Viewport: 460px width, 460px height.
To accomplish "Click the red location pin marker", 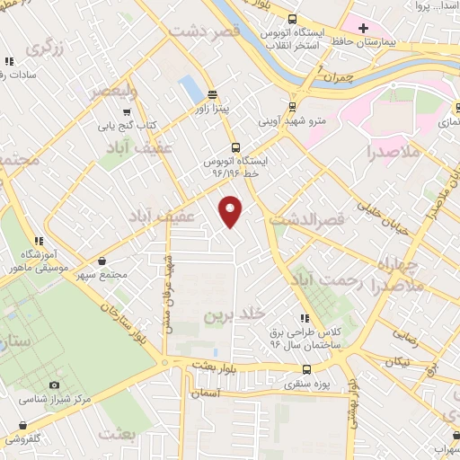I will (x=232, y=211).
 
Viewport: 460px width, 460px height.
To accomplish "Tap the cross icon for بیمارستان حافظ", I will (x=363, y=28).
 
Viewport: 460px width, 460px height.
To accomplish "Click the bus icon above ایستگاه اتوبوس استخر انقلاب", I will (x=293, y=20).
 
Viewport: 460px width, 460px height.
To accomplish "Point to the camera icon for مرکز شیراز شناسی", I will (x=54, y=385).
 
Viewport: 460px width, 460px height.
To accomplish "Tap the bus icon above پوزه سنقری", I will (x=307, y=369).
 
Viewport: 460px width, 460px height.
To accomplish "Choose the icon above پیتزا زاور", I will (x=213, y=94).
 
